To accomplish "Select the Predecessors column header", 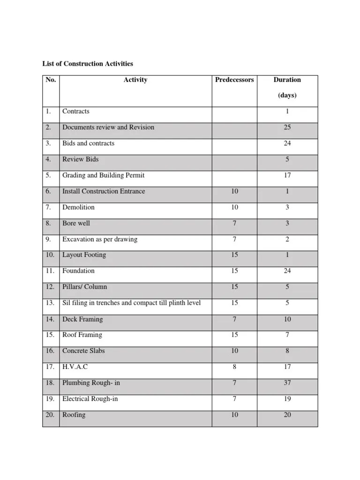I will [234, 80].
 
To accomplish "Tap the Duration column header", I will [287, 80].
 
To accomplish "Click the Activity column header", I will [135, 80].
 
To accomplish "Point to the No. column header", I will [51, 80].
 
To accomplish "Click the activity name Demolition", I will [78, 207].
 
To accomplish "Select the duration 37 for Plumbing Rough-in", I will [287, 383].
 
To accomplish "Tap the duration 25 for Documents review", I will [287, 127].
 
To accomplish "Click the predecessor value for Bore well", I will [234, 224].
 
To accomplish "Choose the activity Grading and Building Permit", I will [103, 175].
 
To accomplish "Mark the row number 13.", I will [50, 303].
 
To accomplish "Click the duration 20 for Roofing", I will [287, 415].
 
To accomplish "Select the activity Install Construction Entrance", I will [104, 191].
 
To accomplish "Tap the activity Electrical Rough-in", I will [90, 399].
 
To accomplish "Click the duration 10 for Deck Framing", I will [287, 319].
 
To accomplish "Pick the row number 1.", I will [48, 112].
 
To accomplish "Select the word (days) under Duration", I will [287, 96].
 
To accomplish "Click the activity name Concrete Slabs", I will [83, 351].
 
